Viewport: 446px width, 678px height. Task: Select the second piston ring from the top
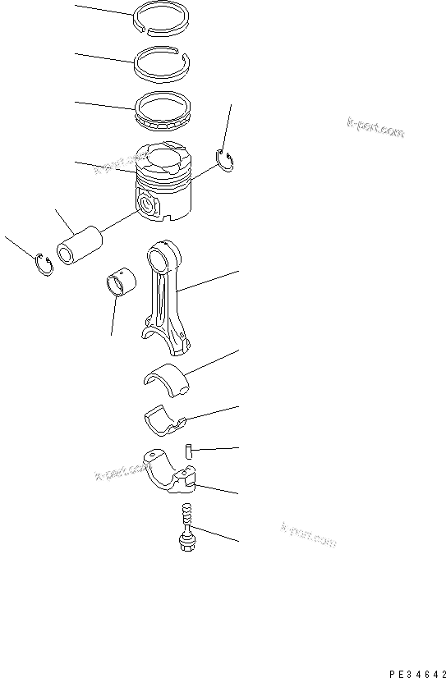(163, 64)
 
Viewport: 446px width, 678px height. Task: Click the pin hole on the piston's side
(148, 205)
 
